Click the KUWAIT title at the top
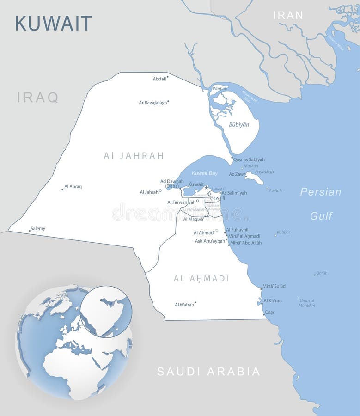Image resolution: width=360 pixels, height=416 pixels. [54, 23]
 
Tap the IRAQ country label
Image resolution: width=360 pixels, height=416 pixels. [38, 98]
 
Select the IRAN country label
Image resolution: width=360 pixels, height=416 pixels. [288, 15]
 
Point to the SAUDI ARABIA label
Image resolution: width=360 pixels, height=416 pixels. [208, 372]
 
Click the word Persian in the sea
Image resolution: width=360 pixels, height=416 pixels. [321, 192]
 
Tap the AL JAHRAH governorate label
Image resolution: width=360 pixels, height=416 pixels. [134, 156]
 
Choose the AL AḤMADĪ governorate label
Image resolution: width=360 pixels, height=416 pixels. [201, 278]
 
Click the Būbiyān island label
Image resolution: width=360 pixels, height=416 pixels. [239, 125]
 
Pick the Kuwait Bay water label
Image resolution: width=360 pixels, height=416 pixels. [204, 173]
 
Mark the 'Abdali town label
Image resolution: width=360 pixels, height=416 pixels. [159, 79]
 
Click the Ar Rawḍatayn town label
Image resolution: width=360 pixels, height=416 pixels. [153, 103]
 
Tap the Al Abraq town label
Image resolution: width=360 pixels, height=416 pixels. [73, 187]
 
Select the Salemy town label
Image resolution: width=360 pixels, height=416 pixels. [38, 229]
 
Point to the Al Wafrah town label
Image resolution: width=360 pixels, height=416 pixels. [184, 305]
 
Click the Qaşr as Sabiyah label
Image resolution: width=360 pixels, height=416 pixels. [249, 159]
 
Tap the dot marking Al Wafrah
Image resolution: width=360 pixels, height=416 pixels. [195, 302]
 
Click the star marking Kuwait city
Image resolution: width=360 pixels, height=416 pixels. [206, 187]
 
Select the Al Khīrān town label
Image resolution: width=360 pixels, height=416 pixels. [272, 301]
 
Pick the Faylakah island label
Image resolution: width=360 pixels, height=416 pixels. [264, 171]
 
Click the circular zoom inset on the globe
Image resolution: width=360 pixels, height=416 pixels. [106, 311]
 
